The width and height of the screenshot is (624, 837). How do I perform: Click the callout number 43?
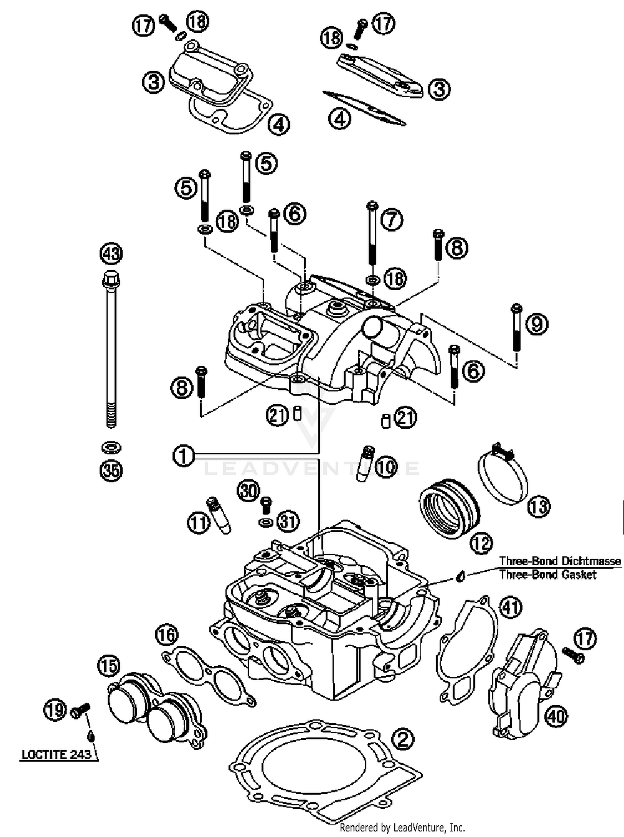[x=111, y=253]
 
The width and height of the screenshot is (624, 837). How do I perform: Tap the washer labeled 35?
[x=111, y=448]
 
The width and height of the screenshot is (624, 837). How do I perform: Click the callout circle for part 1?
[x=183, y=456]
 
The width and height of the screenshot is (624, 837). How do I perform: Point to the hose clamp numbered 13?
[x=502, y=478]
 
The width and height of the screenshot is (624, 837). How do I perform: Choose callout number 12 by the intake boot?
[x=482, y=543]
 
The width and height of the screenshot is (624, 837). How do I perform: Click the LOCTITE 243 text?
[x=56, y=754]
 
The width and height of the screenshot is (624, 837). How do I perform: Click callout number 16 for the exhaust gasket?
[x=166, y=635]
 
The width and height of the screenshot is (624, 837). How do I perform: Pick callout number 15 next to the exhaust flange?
[x=108, y=665]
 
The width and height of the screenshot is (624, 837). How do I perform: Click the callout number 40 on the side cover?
[x=556, y=716]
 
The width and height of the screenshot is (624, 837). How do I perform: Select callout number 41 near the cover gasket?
[x=510, y=607]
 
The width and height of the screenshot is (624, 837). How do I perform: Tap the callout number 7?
[x=391, y=220]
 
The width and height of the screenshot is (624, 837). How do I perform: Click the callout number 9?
[x=537, y=323]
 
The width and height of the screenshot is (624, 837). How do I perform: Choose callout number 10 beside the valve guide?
[x=386, y=467]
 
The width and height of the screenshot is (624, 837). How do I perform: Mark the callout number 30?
[x=248, y=491]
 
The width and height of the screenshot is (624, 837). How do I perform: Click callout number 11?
[x=198, y=522]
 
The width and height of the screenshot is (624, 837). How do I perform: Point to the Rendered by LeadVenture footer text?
[x=402, y=827]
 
